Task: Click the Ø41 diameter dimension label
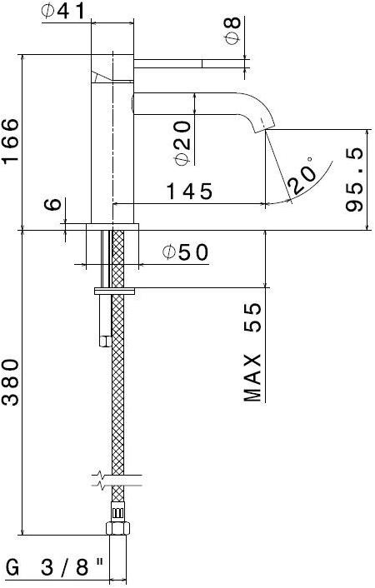[x=62, y=12]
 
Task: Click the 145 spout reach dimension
[x=188, y=192]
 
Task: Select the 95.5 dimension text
[x=357, y=180]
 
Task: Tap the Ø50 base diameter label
[x=185, y=252]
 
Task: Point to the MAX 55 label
[x=254, y=352]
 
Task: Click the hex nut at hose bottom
[x=117, y=527]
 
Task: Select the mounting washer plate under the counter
[x=116, y=291]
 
